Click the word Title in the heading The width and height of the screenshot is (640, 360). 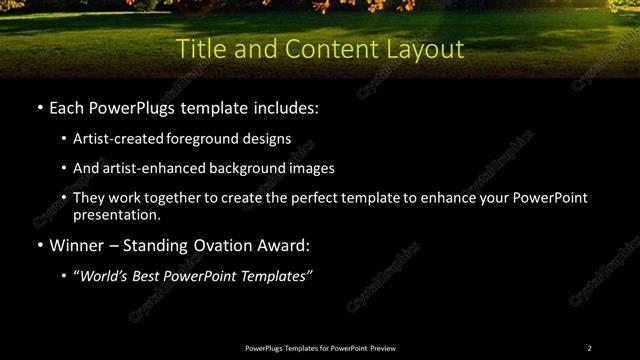click(x=198, y=48)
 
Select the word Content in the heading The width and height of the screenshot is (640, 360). click(x=324, y=48)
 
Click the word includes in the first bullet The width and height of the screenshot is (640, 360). click(x=283, y=107)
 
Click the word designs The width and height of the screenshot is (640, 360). click(x=267, y=139)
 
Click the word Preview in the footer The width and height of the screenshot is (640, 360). click(x=383, y=348)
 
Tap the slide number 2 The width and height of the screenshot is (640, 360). click(x=590, y=348)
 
